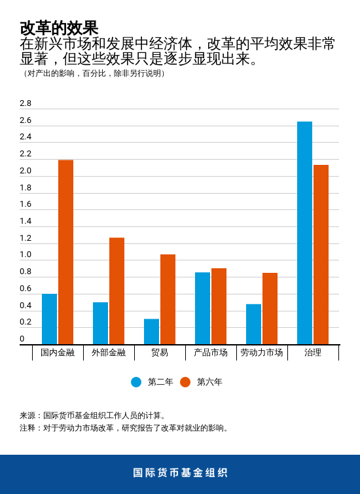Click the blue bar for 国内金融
tap(50, 319)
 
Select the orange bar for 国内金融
tap(65, 252)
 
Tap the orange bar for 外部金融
tap(117, 291)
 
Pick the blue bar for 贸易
tap(152, 332)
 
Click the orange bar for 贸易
tap(168, 300)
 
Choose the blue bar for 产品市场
tap(203, 308)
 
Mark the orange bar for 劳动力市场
tap(270, 309)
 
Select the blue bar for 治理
tap(304, 233)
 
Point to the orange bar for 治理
tap(321, 255)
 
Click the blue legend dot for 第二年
tap(136, 382)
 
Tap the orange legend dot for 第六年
tap(185, 382)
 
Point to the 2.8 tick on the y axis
tap(26, 103)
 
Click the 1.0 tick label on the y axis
tap(26, 255)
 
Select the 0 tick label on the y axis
tap(22, 339)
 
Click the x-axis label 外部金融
tap(109, 353)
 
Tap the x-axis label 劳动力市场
tap(262, 353)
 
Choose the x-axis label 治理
tap(313, 353)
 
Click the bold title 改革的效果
tap(59, 28)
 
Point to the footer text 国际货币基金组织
tap(180, 472)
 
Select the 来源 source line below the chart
tap(94, 415)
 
